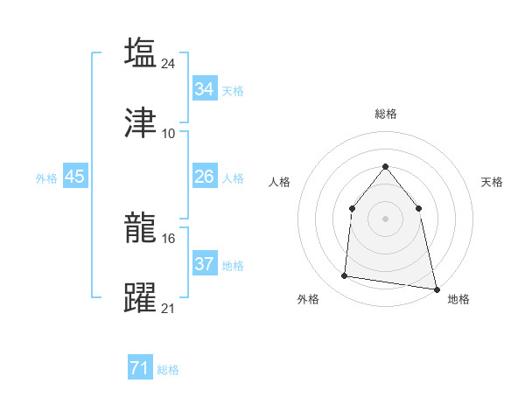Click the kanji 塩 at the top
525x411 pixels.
coord(140,52)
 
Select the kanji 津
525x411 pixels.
coord(140,123)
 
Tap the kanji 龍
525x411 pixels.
coord(140,227)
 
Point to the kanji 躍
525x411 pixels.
coord(140,298)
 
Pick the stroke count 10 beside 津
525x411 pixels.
coord(169,134)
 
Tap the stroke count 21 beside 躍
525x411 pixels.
coord(169,309)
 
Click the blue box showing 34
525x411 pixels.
coord(205,89)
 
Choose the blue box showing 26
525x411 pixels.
coord(205,177)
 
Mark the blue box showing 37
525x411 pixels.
coord(205,264)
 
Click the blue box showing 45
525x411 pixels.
coord(75,177)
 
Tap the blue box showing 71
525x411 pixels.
coord(140,369)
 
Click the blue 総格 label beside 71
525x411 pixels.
coord(168,370)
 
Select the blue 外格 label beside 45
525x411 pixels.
coord(46,178)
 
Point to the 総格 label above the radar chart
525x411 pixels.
coord(385,114)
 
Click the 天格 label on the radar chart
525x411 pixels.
coord(492,182)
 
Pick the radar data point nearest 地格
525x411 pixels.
coord(435,288)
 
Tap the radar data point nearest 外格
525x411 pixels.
coord(345,276)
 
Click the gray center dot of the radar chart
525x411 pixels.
coord(385,219)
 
